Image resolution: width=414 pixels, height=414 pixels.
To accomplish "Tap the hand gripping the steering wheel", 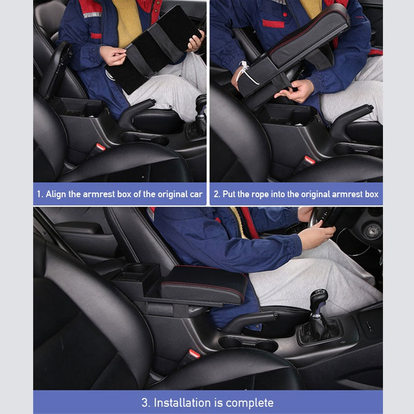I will pyautogui.click(x=316, y=236).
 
